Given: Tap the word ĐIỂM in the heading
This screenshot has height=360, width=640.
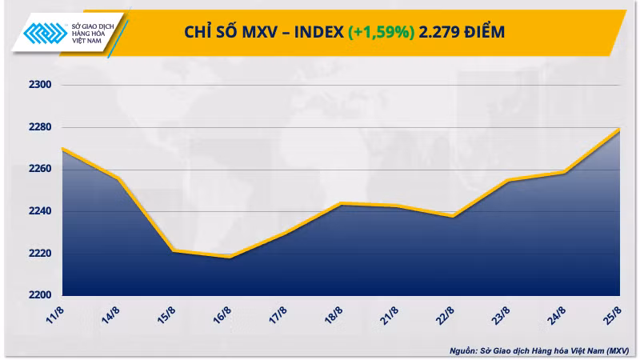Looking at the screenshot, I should [487, 32].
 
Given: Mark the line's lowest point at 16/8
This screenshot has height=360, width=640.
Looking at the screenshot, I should [230, 257].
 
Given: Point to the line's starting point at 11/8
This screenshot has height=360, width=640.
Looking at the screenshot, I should [62, 148].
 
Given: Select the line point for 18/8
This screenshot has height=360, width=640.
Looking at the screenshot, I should [342, 204].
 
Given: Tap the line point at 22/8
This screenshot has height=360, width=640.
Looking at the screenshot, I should [454, 216].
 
